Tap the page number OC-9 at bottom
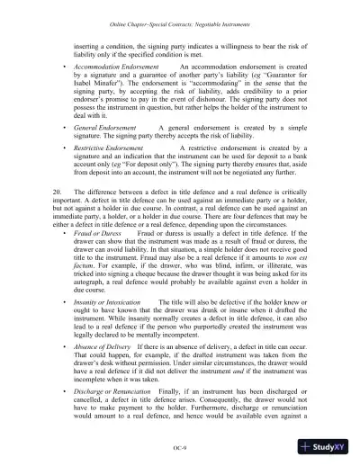coord(180,446)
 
